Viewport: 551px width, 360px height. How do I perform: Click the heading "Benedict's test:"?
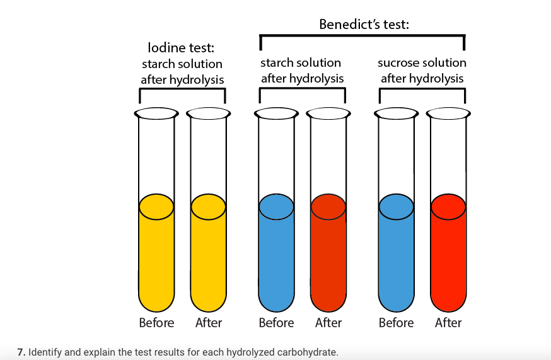[x=364, y=25]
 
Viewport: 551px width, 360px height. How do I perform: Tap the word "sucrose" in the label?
[x=398, y=63]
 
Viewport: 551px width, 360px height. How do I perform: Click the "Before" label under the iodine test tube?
[x=156, y=323]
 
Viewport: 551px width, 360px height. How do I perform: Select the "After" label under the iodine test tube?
[x=209, y=323]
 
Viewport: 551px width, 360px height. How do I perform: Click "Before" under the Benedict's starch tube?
[x=276, y=323]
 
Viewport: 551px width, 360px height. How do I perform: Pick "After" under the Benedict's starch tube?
[x=328, y=323]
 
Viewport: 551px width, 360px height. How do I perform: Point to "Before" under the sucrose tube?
[x=396, y=323]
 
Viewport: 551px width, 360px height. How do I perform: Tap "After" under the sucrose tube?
[x=448, y=323]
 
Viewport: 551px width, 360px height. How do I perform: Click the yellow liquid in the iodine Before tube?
[x=156, y=258]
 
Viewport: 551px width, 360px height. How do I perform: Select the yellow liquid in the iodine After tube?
[x=209, y=258]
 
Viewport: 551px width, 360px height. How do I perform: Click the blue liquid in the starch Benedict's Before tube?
[x=276, y=258]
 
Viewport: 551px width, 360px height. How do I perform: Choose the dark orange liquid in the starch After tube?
[x=328, y=258]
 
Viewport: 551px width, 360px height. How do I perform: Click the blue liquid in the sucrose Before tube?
[x=396, y=258]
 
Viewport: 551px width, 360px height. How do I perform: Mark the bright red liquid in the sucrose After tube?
[x=448, y=258]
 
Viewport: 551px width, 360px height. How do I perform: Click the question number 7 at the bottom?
[x=21, y=352]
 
